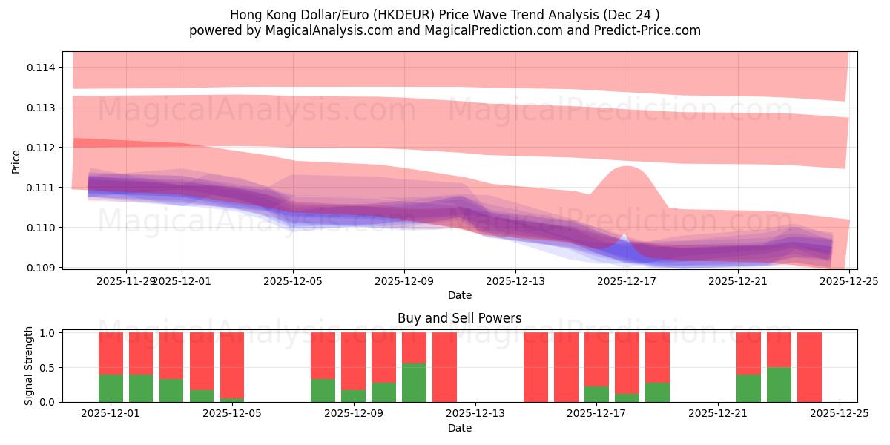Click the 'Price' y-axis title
16,161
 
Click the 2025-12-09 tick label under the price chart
404,282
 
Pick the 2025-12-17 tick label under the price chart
627,282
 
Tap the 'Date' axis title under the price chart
459,295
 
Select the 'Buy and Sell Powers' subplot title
459,318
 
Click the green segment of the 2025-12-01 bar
111,388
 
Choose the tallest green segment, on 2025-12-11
414,383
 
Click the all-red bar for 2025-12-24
809,367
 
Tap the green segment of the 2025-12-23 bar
779,384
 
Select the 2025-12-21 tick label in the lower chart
718,415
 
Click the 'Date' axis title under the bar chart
459,428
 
